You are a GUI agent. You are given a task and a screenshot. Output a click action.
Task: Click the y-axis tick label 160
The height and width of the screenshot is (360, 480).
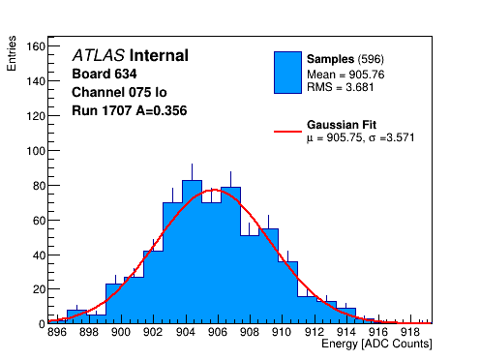tap(36, 46)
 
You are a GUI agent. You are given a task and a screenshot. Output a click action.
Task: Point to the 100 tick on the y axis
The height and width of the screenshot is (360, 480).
tap(36, 151)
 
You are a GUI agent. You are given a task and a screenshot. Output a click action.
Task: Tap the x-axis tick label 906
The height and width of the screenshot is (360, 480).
tap(218, 332)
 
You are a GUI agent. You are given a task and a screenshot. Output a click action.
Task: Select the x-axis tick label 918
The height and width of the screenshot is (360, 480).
tap(410, 332)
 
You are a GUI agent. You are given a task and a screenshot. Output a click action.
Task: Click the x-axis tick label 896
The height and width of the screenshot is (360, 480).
tap(57, 332)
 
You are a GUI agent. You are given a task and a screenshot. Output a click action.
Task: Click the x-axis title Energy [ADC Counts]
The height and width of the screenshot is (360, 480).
tap(376, 344)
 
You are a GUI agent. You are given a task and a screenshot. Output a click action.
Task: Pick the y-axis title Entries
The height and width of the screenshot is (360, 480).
tap(12, 53)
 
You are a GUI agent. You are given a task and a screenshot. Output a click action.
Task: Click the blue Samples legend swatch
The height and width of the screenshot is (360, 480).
tap(287, 73)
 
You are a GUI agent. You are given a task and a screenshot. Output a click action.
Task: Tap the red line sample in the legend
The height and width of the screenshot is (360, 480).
tap(287, 132)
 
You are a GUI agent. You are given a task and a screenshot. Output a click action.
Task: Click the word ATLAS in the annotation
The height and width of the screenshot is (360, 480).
tap(99, 55)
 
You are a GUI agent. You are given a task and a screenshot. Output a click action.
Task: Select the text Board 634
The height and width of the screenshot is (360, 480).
tap(105, 74)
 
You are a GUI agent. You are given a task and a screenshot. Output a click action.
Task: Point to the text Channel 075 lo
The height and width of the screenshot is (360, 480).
tap(119, 92)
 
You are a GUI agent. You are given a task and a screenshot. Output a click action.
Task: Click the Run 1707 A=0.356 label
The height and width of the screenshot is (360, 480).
tap(130, 110)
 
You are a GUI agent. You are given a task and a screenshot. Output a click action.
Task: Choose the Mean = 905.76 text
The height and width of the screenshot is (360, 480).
tap(345, 75)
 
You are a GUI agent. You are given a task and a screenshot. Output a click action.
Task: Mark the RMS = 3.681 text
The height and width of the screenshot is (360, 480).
tap(341, 87)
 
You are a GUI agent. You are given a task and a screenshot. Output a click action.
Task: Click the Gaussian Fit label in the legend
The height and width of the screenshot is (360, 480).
tap(342, 125)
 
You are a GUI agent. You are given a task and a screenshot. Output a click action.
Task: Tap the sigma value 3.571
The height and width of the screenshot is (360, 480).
tap(401, 137)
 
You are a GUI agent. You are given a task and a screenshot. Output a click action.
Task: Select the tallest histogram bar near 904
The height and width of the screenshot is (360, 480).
tap(192, 252)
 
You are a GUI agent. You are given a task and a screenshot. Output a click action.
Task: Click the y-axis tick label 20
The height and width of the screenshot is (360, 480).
tap(39, 289)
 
